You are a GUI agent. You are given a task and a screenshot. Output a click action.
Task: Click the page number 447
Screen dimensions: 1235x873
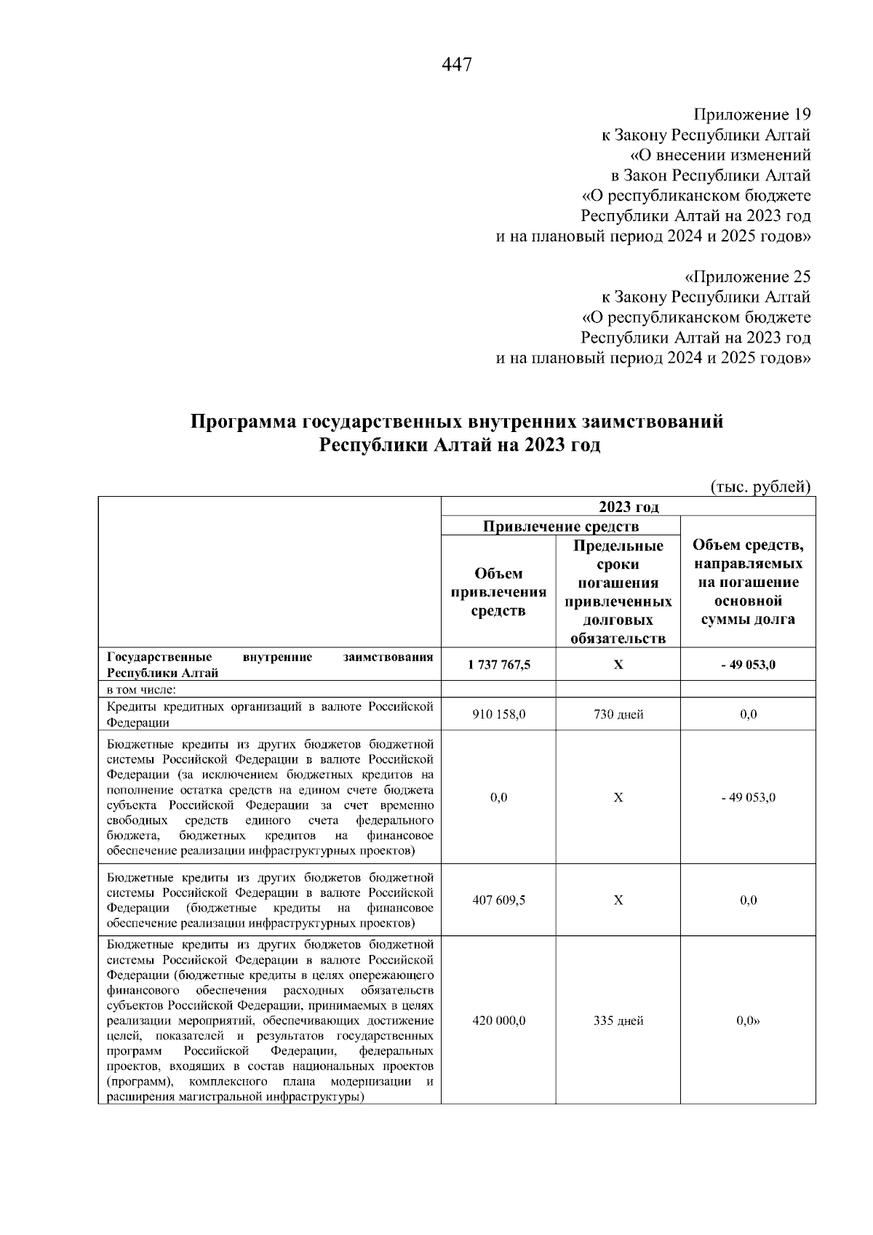pos(457,65)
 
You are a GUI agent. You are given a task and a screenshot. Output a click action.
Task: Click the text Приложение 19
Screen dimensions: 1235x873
pos(752,115)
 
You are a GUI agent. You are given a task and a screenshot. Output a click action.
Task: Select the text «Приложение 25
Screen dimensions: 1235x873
pos(747,277)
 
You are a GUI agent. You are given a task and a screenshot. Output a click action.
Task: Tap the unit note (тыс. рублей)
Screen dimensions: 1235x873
pos(760,487)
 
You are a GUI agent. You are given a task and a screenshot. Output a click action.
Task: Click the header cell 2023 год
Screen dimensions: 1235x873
pos(629,507)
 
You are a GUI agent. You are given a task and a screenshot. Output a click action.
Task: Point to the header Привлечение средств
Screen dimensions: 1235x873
pos(561,527)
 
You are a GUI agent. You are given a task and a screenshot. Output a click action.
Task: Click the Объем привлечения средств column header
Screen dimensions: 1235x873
pos(498,592)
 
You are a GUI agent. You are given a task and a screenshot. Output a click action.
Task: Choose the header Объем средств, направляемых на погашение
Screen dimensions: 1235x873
pos(748,582)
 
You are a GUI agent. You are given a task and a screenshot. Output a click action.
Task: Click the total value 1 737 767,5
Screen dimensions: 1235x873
pos(498,665)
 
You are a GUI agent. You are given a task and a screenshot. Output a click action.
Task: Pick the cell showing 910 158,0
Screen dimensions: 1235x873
pos(498,715)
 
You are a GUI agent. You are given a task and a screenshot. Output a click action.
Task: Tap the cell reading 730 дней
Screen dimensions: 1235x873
pos(618,715)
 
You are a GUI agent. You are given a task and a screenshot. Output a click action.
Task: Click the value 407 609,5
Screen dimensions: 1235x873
pos(498,900)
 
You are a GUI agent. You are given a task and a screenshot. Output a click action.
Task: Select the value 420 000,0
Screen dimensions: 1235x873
pos(498,1021)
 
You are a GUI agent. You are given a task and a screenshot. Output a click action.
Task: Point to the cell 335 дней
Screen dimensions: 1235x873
pos(618,1021)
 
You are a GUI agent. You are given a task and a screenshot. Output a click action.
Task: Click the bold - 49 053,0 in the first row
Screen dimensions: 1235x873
pos(748,665)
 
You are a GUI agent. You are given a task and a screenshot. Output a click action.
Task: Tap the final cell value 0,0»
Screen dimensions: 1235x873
pos(748,1021)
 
